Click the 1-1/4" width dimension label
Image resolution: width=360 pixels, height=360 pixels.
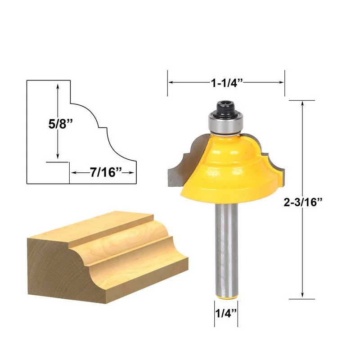tap(227, 83)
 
